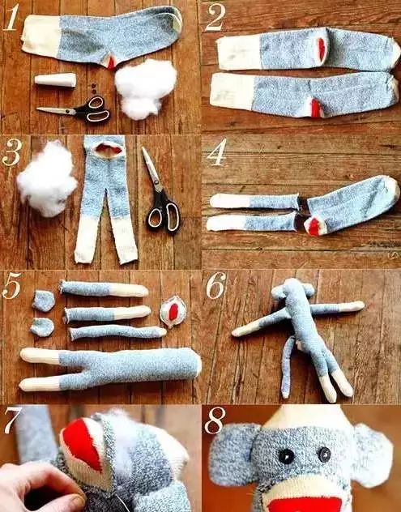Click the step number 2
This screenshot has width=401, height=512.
click(x=215, y=16)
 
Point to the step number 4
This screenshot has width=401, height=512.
click(x=215, y=153)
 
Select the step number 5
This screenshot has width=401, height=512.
click(x=11, y=286)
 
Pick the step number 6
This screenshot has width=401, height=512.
click(x=215, y=286)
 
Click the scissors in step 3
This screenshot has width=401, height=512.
click(x=161, y=193)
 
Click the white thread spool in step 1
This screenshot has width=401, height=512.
click(x=55, y=80)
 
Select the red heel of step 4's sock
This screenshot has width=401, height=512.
click(x=314, y=227)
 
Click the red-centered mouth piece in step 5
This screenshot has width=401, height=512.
click(x=173, y=312)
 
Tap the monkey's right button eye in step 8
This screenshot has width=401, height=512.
click(x=324, y=454)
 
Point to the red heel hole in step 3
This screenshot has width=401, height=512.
click(x=109, y=149)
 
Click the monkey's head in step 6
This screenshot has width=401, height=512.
click(x=293, y=288)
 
